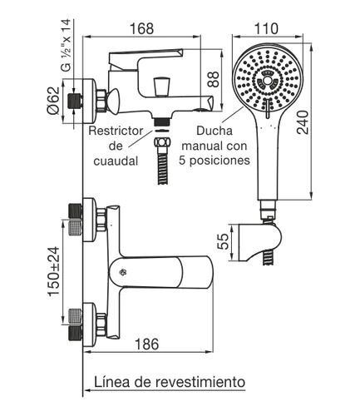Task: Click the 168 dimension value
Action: coord(141,28)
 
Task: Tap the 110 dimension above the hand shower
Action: coord(266,28)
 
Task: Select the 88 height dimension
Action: coord(214,80)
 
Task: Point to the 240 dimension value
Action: coord(303,122)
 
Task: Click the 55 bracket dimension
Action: coord(224,241)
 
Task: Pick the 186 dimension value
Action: coord(147,344)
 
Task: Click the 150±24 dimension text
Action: coord(54,271)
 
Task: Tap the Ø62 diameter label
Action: coord(53,101)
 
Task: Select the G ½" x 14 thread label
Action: coord(67,46)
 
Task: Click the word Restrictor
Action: coord(116,131)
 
